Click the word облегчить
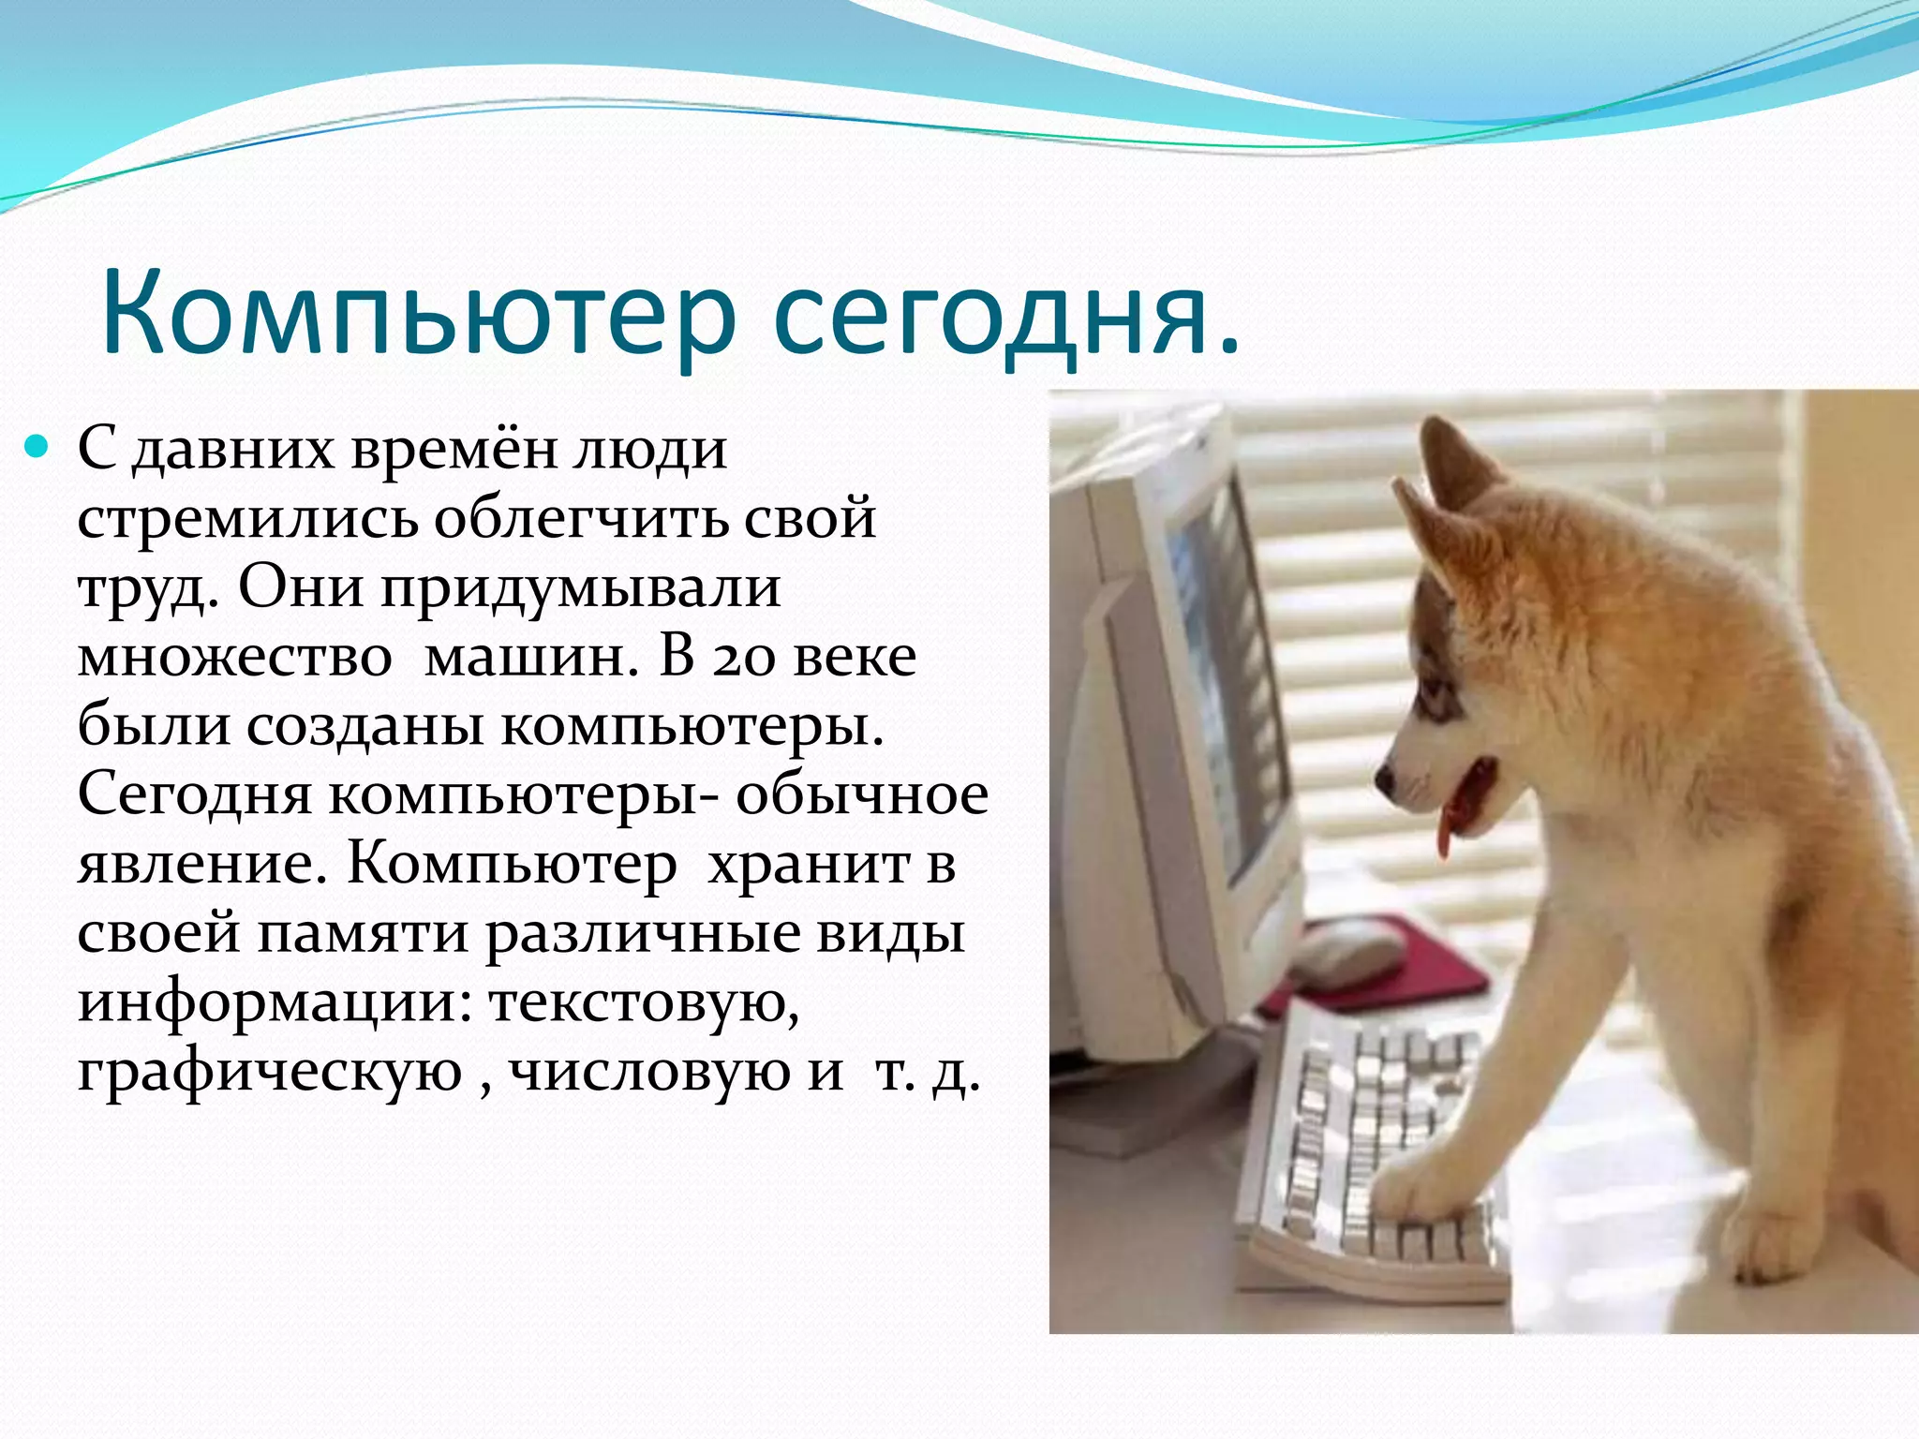click(x=581, y=518)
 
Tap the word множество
click(x=234, y=658)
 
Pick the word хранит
click(x=808, y=864)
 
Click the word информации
click(x=276, y=1001)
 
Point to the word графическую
click(x=270, y=1071)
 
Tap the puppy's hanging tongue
click(x=1445, y=837)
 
